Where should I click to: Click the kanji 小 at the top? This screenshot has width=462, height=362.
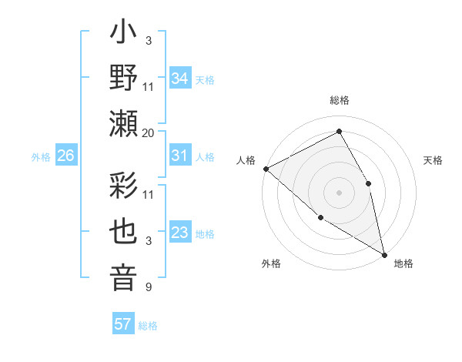point(124,34)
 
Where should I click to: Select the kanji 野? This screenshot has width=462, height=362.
point(124,79)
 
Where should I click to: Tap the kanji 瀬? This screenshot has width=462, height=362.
point(124,124)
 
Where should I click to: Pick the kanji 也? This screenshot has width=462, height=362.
point(124,232)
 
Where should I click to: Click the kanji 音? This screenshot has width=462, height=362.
point(124,277)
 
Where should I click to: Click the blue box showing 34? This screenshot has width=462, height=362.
point(179,78)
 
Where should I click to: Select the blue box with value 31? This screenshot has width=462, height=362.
point(179,156)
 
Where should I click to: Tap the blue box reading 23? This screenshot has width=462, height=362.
point(179,233)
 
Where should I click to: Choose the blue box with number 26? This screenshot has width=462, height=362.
point(65,156)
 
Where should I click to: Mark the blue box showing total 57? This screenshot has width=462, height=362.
point(123,324)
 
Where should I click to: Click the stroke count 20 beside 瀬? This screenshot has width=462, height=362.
point(149,132)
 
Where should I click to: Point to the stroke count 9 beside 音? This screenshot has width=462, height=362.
point(149,287)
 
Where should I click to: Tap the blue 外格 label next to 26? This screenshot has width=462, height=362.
point(41,157)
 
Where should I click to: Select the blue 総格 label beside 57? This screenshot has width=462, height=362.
point(148,325)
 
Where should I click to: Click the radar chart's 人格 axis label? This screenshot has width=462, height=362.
point(246,160)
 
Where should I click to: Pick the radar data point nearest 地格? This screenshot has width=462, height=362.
point(384,254)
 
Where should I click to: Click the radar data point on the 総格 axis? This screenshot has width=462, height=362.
point(339,132)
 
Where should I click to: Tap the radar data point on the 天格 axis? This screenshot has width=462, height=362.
point(368,183)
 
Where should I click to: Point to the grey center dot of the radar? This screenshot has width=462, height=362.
point(339,193)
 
